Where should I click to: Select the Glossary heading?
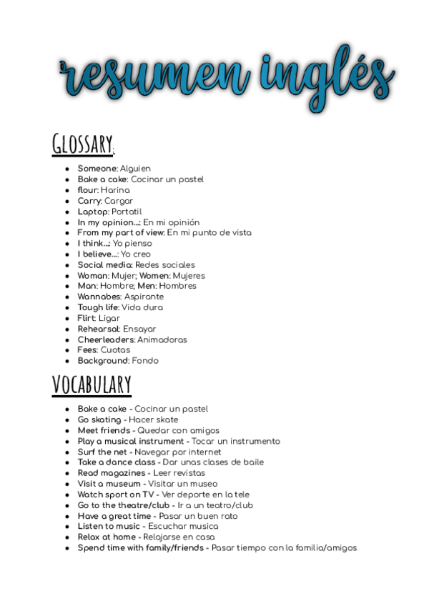(83, 144)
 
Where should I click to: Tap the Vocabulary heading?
(92, 384)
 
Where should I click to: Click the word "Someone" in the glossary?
(97, 169)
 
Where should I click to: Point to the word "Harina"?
(115, 190)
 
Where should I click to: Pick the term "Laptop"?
(93, 212)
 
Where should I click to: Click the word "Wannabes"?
(99, 297)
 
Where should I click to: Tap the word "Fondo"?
(145, 361)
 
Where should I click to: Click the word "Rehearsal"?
(99, 329)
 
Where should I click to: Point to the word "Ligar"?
(109, 318)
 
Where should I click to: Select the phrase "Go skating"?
(99, 419)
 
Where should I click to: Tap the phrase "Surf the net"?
(104, 452)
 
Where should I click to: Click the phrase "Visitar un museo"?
(182, 484)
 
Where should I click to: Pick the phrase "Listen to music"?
(109, 526)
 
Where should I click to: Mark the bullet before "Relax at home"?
(66, 537)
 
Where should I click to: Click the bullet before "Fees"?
(66, 350)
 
